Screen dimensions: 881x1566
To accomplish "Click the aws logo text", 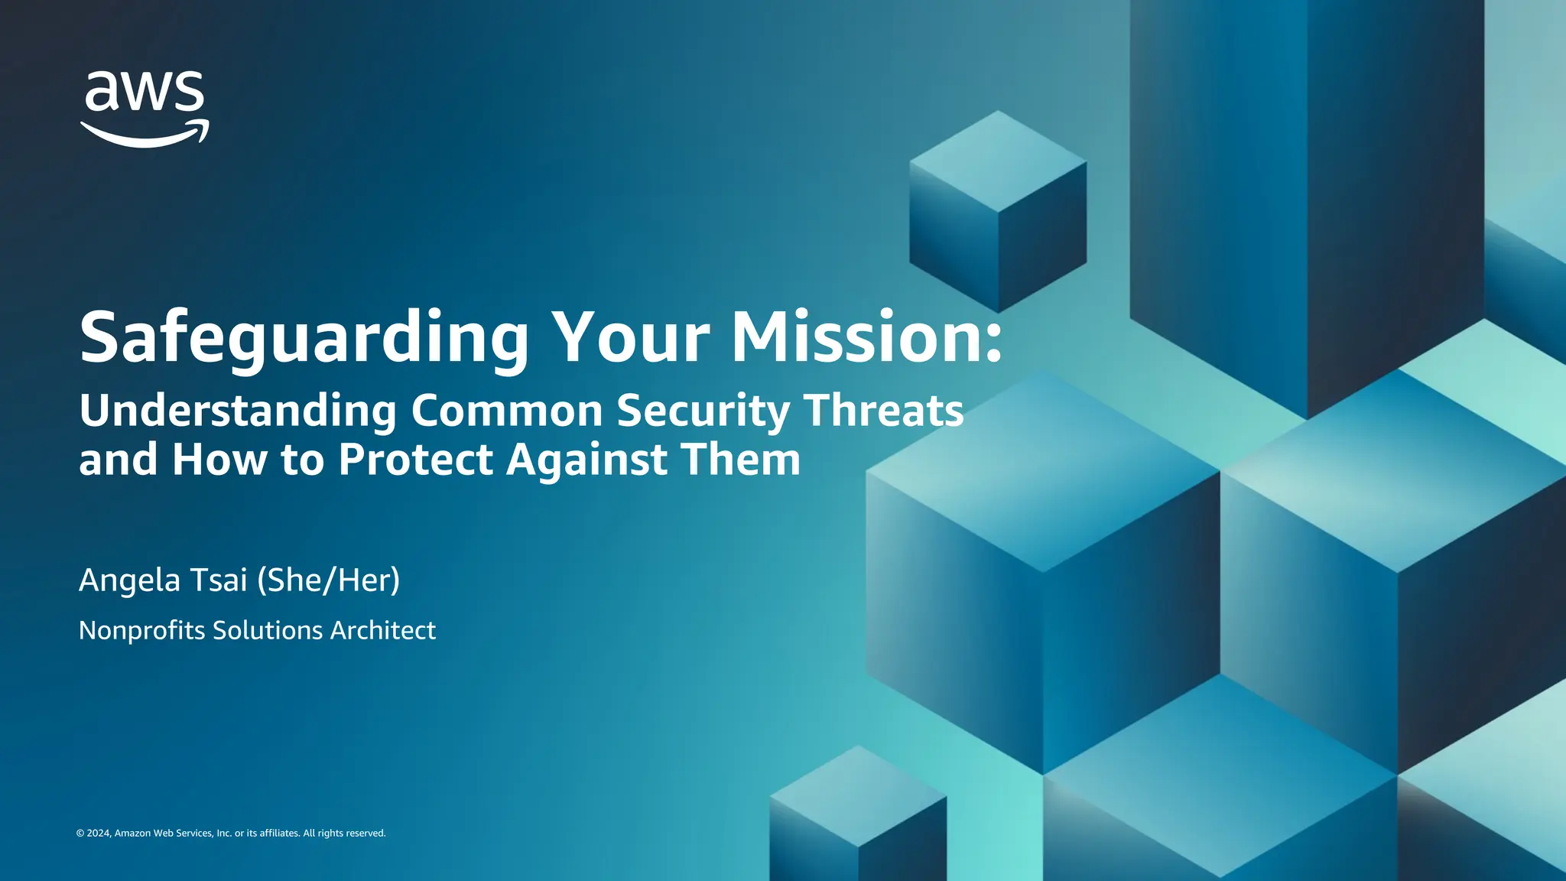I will [145, 93].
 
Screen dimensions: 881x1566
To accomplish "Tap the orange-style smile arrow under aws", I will [145, 135].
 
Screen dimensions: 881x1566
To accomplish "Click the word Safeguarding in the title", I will [304, 337].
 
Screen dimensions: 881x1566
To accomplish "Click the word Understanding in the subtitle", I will [238, 411].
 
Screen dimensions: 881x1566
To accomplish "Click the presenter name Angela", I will [129, 580].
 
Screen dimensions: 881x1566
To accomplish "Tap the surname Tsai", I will [219, 580].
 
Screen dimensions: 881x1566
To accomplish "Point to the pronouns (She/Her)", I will [328, 580].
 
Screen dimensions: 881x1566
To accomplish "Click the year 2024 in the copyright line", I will [99, 833].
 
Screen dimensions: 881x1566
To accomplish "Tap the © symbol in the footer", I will [80, 834].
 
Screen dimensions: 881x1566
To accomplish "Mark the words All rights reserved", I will [344, 833].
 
